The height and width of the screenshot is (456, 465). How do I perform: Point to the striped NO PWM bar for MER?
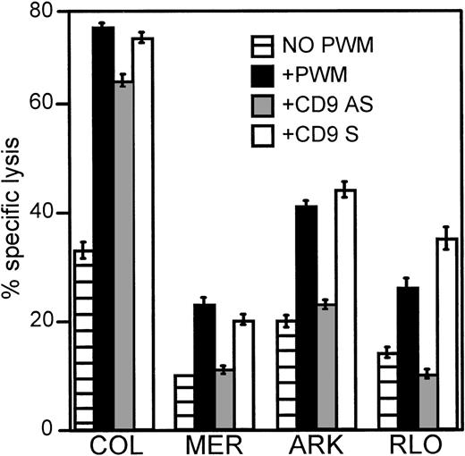coord(184,402)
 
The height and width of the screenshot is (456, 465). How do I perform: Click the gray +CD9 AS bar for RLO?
coord(427,402)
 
